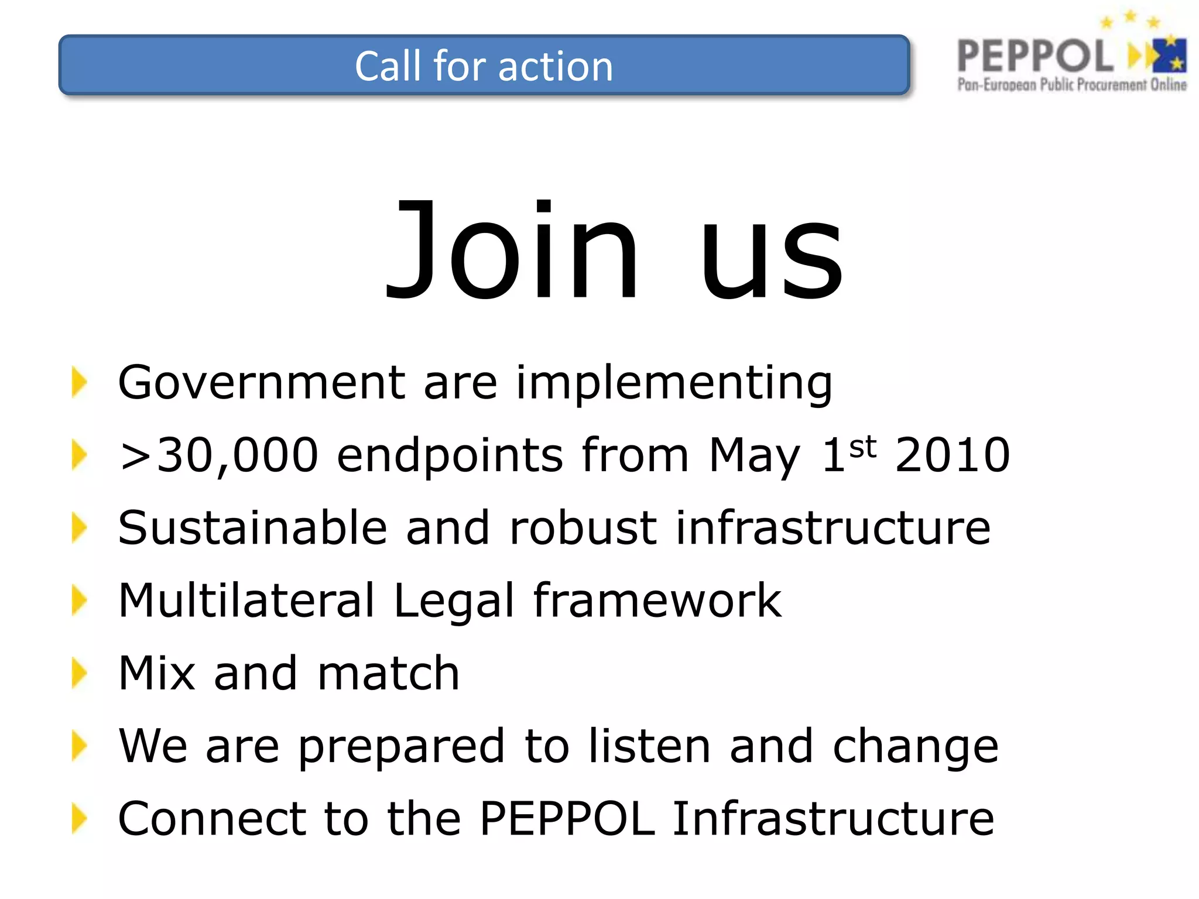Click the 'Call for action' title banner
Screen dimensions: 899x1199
tap(484, 65)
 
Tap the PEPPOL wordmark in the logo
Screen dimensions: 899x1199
tap(1034, 56)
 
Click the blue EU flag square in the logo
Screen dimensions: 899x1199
tap(1169, 56)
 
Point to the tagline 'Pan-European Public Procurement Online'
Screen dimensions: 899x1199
tap(1072, 85)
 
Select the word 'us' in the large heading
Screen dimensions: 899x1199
tap(772, 258)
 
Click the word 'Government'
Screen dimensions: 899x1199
tap(262, 382)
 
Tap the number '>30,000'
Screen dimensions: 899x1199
tap(218, 455)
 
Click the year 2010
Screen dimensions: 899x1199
tap(953, 455)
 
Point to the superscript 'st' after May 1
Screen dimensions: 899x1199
tap(862, 447)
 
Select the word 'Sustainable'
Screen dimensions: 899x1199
tap(252, 527)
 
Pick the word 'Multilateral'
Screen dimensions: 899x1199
tap(246, 600)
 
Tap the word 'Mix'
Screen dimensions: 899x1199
tap(156, 673)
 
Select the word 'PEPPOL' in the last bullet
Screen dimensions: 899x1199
tap(567, 818)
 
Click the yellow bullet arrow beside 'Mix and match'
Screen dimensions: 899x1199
tap(79, 673)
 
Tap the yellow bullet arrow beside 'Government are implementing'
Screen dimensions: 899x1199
tap(79, 382)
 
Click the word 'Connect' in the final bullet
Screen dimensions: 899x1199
tap(211, 818)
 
